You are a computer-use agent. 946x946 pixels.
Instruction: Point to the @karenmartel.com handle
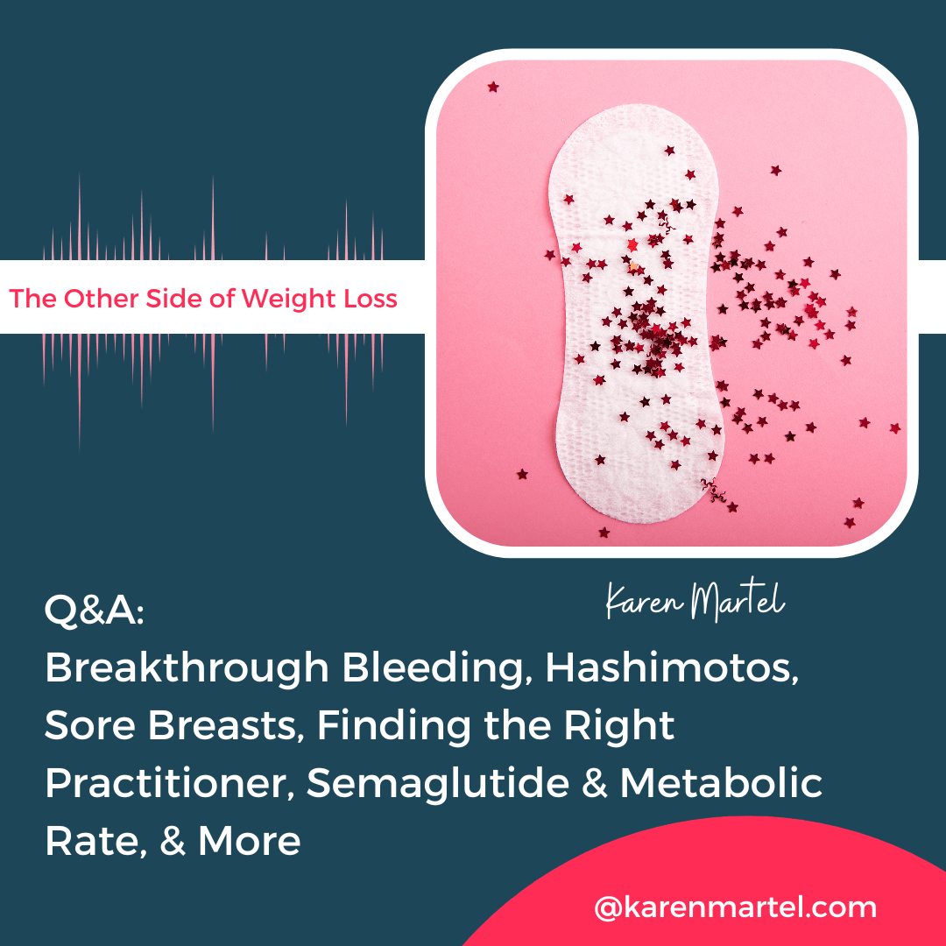[x=735, y=907]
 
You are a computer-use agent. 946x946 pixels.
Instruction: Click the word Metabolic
[x=722, y=784]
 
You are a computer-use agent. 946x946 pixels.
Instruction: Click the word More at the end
[x=249, y=841]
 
